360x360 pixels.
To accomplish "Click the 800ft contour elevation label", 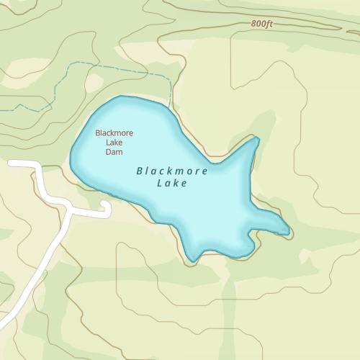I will [x=262, y=24].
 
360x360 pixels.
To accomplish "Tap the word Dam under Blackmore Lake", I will [x=114, y=152].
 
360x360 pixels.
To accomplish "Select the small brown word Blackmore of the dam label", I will [x=114, y=132].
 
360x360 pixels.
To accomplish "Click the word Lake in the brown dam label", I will [x=114, y=143].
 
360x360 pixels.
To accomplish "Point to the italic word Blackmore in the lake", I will [x=172, y=171].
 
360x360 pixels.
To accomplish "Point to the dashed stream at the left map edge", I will [x=1, y=109].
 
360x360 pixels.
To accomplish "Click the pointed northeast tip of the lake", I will [x=257, y=137].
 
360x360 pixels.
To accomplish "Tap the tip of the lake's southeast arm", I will [x=288, y=232].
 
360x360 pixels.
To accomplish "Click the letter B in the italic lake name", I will [x=139, y=172].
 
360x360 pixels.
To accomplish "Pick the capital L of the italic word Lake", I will [x=158, y=184].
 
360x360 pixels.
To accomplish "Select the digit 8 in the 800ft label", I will [x=254, y=24].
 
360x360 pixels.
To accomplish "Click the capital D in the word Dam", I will [x=109, y=152].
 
